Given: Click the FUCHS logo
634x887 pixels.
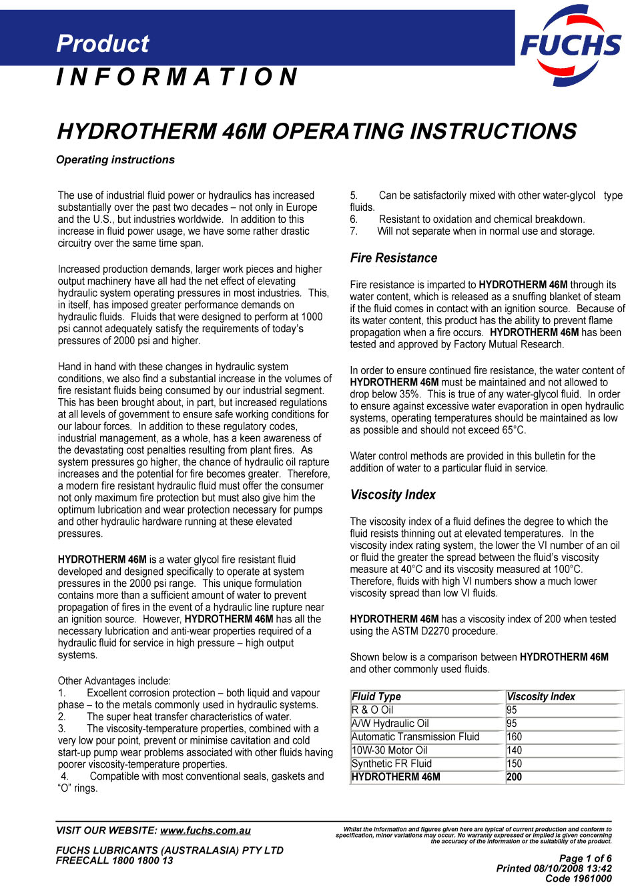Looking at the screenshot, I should pos(571,45).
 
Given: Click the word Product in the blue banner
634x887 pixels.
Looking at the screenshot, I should pos(103,44).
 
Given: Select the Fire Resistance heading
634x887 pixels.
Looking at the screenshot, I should pos(394,258).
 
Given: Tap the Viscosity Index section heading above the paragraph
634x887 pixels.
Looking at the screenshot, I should pos(392,495).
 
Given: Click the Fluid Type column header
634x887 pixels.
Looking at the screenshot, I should pos(376,697).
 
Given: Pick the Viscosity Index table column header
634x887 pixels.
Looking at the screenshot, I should pos(541,697).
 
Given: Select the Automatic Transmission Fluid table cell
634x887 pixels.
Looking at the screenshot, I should pos(415,737).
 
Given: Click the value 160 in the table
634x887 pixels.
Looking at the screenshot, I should pos(515,737).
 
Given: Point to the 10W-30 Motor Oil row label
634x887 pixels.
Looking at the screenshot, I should pos(389,750).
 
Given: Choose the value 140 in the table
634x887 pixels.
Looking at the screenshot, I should pos(515,750).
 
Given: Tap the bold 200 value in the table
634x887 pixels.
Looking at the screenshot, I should pos(515,777).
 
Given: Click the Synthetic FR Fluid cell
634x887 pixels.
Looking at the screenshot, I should pos(392,764).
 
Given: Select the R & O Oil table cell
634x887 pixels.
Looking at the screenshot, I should pos(372,710).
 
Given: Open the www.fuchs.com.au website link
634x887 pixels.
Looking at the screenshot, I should pos(206,831).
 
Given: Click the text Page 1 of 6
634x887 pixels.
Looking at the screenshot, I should pos(585,858).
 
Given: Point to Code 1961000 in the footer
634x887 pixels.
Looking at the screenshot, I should pos(578,878).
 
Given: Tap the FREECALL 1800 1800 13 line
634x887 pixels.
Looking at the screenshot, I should pos(114,860).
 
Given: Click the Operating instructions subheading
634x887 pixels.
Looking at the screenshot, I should pos(115,160).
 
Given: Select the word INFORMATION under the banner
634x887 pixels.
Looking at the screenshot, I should pos(177,77).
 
